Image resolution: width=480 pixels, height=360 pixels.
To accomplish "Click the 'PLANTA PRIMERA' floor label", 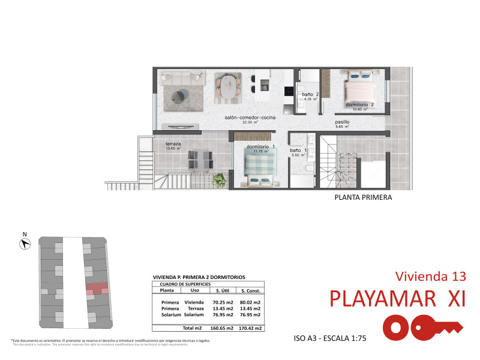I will click(x=362, y=197).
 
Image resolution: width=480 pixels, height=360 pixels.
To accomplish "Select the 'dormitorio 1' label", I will click(x=261, y=146).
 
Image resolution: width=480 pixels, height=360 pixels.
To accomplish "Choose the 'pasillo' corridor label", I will click(x=342, y=122).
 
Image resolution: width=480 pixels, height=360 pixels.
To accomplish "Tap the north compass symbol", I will click(x=25, y=243).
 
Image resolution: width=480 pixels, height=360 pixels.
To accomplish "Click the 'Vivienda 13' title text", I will click(x=430, y=276).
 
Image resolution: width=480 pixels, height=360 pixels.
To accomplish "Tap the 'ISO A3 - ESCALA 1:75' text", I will click(x=330, y=338).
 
